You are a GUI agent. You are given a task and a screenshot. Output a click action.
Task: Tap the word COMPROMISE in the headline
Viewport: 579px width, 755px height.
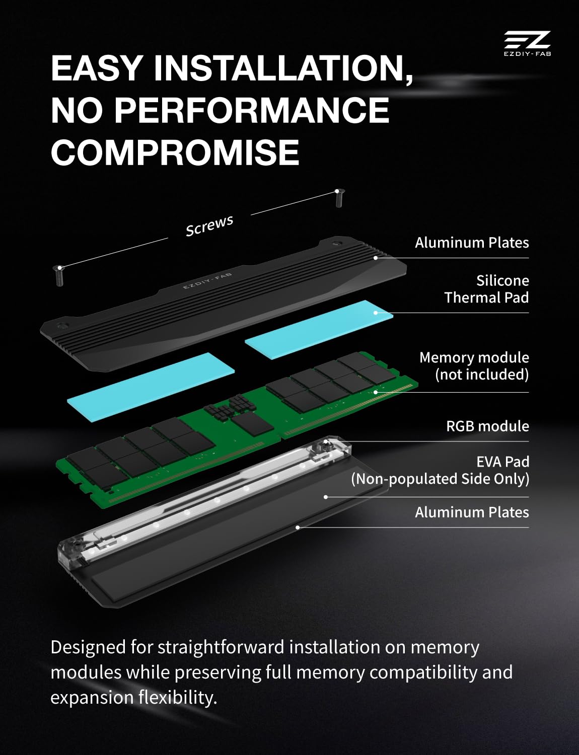pyautogui.click(x=175, y=152)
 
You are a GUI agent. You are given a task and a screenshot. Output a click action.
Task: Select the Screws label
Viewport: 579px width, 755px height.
pyautogui.click(x=209, y=225)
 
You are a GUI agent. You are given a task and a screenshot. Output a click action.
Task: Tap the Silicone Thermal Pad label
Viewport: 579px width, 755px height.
pyautogui.click(x=486, y=289)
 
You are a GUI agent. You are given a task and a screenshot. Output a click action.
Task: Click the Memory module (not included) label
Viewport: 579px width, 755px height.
pyautogui.click(x=474, y=365)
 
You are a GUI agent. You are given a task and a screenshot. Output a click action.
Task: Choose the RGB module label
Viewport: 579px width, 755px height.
pyautogui.click(x=487, y=426)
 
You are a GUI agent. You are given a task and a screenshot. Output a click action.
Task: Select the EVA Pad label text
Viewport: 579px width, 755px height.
pyautogui.click(x=502, y=462)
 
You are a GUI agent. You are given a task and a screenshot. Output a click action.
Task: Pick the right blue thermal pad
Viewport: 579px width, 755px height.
pyautogui.click(x=319, y=330)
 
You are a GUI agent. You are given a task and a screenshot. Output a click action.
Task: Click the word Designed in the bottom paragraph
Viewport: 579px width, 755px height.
pyautogui.click(x=88, y=647)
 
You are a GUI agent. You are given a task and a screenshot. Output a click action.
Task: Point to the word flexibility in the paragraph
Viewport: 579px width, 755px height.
pyautogui.click(x=177, y=697)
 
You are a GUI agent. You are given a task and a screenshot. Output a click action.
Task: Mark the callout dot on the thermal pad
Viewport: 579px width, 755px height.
pyautogui.click(x=376, y=313)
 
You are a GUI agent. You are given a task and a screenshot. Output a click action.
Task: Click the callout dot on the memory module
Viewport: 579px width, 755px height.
pyautogui.click(x=376, y=392)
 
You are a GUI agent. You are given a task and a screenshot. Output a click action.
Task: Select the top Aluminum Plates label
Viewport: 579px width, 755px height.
pyautogui.click(x=472, y=243)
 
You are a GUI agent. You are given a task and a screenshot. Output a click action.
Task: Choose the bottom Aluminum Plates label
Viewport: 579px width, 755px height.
pyautogui.click(x=472, y=512)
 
